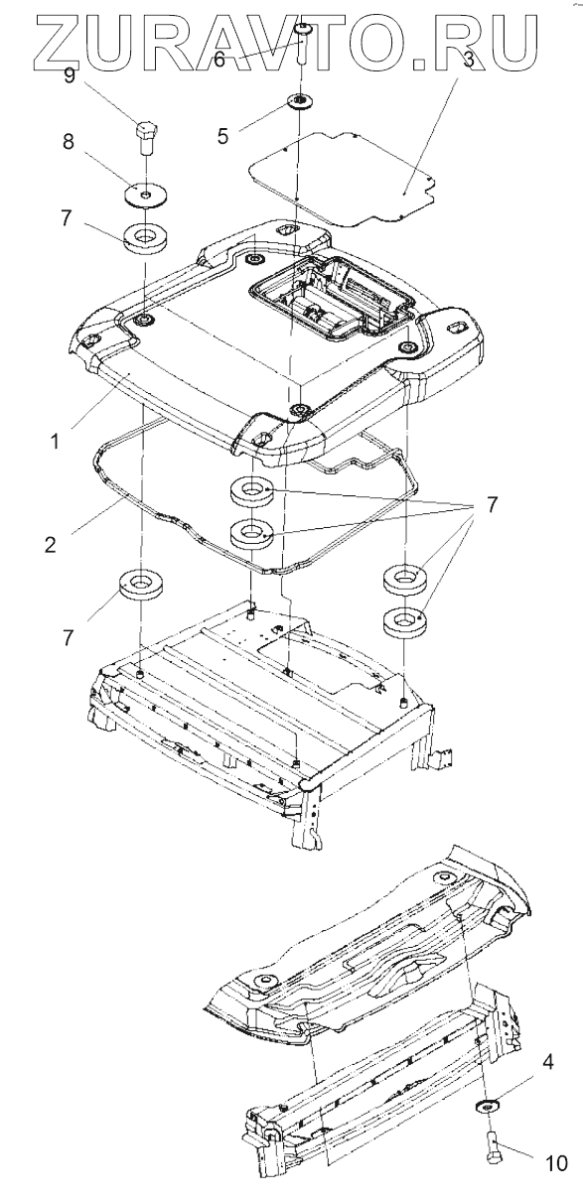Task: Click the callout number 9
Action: pyautogui.click(x=70, y=75)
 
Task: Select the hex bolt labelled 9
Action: pyautogui.click(x=145, y=138)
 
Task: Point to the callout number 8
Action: pyautogui.click(x=69, y=143)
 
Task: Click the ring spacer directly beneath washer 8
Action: pyautogui.click(x=145, y=236)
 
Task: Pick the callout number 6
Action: pyautogui.click(x=219, y=59)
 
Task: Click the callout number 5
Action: pyautogui.click(x=223, y=136)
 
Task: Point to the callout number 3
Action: pyautogui.click(x=468, y=59)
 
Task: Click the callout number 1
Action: pyautogui.click(x=55, y=442)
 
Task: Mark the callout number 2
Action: pyautogui.click(x=50, y=545)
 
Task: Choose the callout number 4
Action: pyautogui.click(x=548, y=1061)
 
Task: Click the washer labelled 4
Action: pyautogui.click(x=487, y=1105)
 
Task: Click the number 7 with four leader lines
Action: pyautogui.click(x=492, y=504)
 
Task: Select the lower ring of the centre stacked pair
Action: pyautogui.click(x=251, y=534)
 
